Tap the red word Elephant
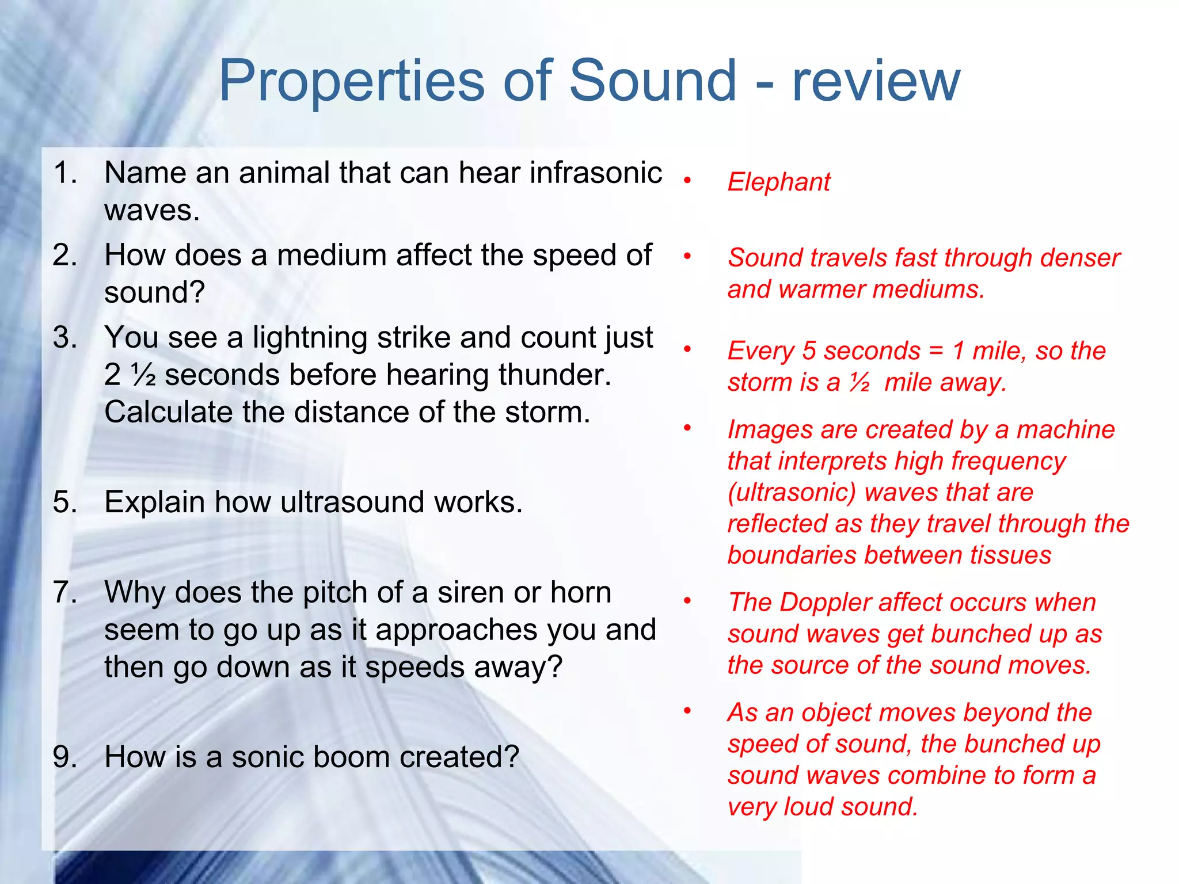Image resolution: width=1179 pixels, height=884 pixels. click(778, 182)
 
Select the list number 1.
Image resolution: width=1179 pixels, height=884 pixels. click(64, 173)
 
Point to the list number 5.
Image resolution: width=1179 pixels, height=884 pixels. click(64, 502)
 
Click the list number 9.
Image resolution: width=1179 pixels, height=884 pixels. click(64, 756)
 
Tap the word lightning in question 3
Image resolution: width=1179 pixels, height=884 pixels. click(309, 338)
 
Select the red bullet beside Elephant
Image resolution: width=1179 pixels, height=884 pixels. click(687, 181)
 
